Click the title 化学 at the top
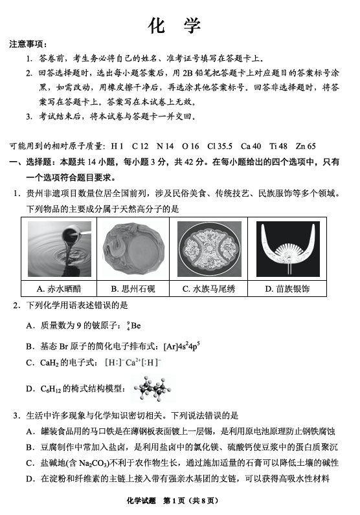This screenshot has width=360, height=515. point(175,25)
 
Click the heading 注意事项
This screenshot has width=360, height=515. point(27,44)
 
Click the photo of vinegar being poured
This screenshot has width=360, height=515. point(60,249)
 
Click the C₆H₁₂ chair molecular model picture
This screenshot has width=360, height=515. point(153,389)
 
